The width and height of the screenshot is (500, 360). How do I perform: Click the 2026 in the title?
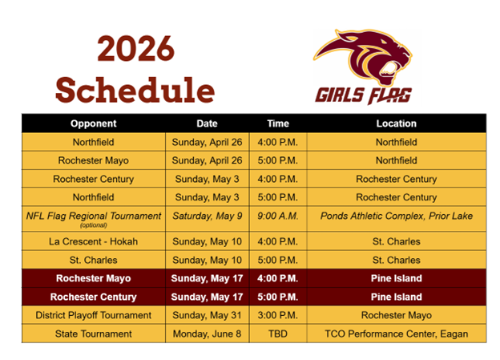[135, 50]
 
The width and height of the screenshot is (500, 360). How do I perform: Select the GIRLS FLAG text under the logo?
[363, 95]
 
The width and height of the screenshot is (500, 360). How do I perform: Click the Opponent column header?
[93, 123]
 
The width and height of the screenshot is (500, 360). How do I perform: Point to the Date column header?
[207, 123]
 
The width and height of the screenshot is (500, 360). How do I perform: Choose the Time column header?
[278, 123]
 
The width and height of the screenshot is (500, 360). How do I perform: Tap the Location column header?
[396, 123]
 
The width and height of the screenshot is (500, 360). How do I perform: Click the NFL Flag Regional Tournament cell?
[93, 216]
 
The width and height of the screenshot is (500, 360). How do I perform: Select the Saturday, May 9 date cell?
[208, 216]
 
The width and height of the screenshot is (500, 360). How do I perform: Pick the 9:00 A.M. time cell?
[278, 216]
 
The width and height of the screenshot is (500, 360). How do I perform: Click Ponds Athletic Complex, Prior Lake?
[396, 216]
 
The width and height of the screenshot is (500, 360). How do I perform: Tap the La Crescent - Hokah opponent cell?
[93, 241]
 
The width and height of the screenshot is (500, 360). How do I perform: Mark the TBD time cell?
[278, 334]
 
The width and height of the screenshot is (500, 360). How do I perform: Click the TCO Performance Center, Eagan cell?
[396, 334]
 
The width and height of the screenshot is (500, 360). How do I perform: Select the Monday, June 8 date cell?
[208, 334]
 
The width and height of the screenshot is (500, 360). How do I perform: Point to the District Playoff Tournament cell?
[93, 315]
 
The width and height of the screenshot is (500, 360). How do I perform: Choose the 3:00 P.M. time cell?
[278, 315]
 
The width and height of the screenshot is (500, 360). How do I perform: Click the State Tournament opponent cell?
[93, 334]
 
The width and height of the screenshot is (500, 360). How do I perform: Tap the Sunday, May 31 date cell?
[208, 315]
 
